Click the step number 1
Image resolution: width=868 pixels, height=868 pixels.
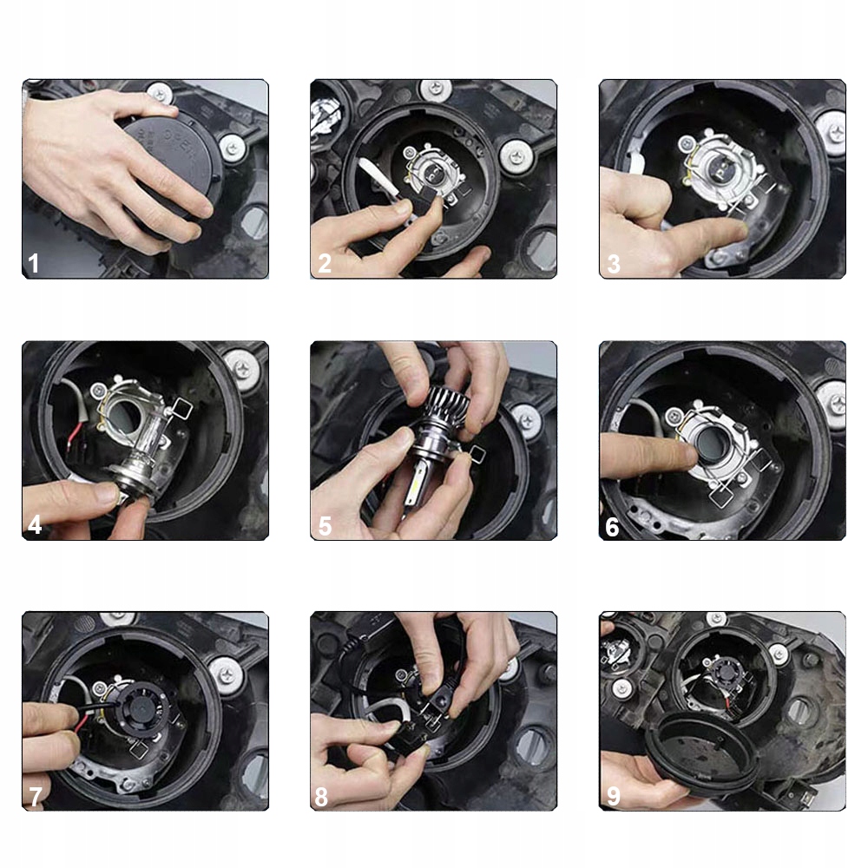pyautogui.click(x=34, y=263)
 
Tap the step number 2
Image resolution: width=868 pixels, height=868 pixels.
pyautogui.click(x=325, y=263)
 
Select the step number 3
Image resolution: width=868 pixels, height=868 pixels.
pyautogui.click(x=614, y=264)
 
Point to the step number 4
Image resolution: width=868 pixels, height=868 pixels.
pyautogui.click(x=35, y=524)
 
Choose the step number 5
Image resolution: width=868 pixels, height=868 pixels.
pyautogui.click(x=325, y=526)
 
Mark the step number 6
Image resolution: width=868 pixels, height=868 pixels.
pyautogui.click(x=612, y=527)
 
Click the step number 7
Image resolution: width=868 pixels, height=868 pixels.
pyautogui.click(x=36, y=797)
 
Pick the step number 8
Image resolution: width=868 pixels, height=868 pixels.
pyautogui.click(x=321, y=797)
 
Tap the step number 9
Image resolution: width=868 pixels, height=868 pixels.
pyautogui.click(x=614, y=796)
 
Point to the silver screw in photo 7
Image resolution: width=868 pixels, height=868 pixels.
pyautogui.click(x=226, y=674)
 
